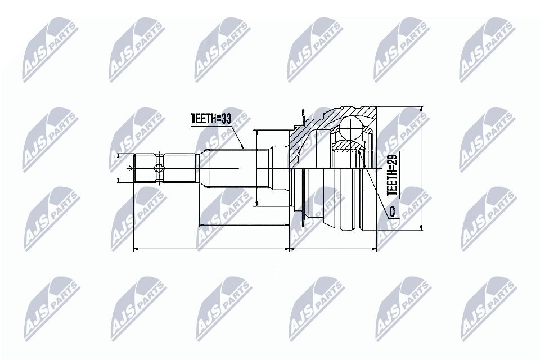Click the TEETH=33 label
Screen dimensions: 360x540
(211, 119)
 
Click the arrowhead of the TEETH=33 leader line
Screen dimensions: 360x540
(242, 147)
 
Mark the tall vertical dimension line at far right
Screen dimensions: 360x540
(421, 169)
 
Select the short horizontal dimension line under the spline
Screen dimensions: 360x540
(244, 226)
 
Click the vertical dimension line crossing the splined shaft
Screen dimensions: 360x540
(256, 169)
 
